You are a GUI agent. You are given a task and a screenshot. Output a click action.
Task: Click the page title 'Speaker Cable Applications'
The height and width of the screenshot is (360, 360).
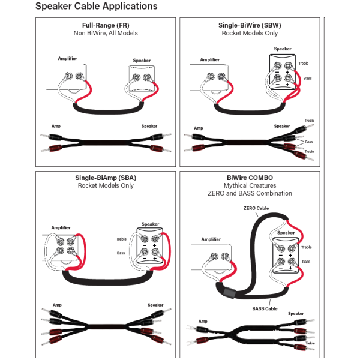(x=96, y=7)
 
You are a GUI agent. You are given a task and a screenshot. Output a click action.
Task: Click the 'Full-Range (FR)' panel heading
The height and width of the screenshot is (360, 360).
(x=106, y=26)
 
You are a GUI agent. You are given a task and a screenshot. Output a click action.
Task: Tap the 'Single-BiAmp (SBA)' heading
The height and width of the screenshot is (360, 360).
(x=106, y=178)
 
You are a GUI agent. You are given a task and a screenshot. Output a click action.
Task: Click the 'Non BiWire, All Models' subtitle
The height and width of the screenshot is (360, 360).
(x=106, y=34)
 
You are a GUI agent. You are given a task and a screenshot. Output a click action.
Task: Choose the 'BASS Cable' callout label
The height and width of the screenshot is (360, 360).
(x=264, y=308)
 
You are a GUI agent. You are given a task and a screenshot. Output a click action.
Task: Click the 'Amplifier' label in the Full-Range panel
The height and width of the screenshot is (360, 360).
(x=67, y=58)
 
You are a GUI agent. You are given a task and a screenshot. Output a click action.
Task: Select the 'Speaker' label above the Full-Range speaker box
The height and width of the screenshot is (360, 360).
(x=142, y=61)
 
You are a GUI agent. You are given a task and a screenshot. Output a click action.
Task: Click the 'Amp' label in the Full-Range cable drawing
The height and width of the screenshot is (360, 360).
(x=56, y=127)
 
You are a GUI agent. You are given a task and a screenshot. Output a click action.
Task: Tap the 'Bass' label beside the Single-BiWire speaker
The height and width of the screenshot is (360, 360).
(x=307, y=78)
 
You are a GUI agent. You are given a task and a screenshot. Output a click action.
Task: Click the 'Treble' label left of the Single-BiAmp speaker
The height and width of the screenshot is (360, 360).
(x=122, y=239)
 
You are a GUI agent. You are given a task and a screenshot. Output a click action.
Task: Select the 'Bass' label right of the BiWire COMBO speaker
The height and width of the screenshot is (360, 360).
(x=306, y=262)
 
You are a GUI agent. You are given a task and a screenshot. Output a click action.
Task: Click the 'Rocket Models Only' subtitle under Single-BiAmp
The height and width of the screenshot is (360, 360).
(x=106, y=186)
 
